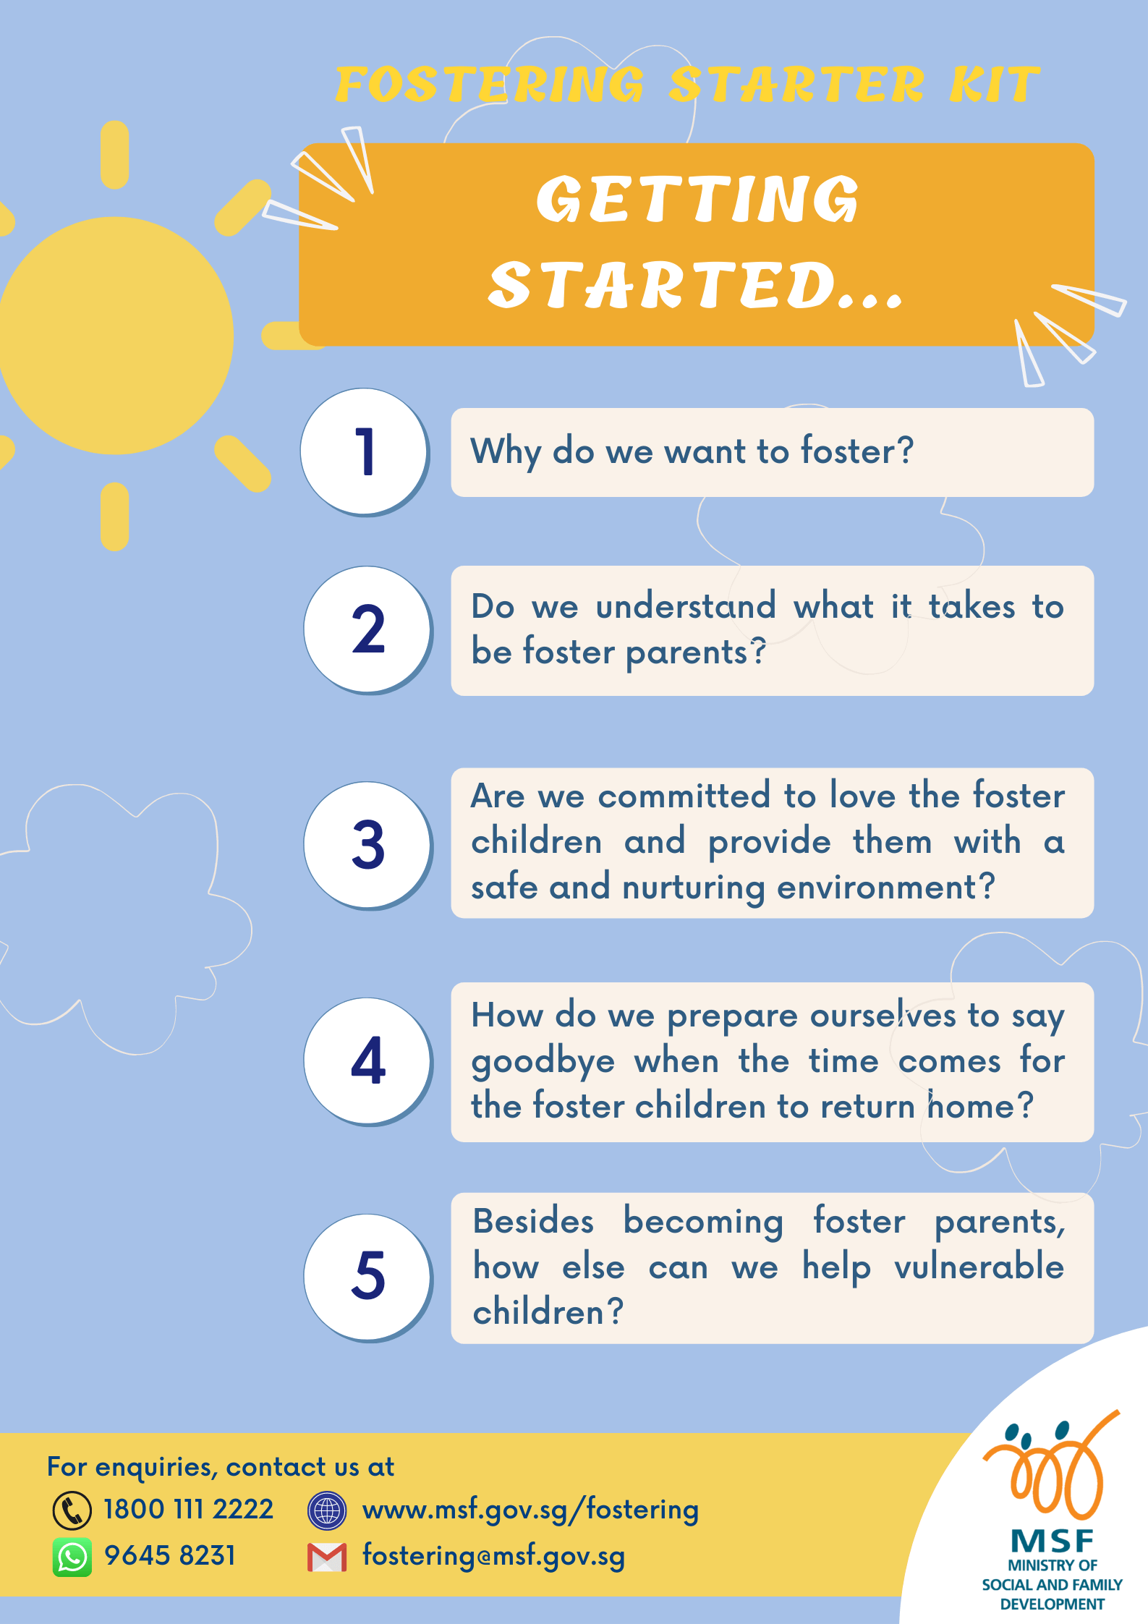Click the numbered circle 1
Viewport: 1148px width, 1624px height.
coord(365,452)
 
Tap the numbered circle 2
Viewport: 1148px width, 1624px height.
coord(368,630)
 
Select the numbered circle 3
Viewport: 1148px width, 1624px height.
coord(368,845)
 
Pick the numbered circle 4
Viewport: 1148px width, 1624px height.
coord(368,1061)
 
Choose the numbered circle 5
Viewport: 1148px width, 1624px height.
coord(368,1277)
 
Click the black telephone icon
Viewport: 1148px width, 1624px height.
coord(72,1510)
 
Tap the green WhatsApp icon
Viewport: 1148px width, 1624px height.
coord(72,1557)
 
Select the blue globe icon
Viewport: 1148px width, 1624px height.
coord(327,1510)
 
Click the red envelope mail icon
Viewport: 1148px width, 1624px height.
coord(327,1557)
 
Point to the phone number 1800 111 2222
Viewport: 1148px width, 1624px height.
coord(189,1510)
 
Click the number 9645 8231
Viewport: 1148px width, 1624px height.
coord(170,1555)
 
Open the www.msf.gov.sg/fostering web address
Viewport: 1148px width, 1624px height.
coord(531,1510)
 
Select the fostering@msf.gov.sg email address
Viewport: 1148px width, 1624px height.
coord(494,1556)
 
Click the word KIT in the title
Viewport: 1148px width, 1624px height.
coord(995,85)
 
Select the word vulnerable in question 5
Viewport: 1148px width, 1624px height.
coord(979,1267)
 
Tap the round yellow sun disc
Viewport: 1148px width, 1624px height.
coord(115,336)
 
